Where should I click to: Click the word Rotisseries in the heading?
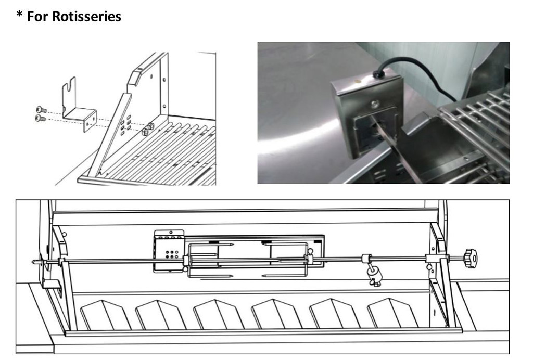[87, 16]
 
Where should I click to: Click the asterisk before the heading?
[19, 14]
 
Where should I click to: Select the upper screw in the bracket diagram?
[41, 110]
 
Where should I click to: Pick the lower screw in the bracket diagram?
[41, 118]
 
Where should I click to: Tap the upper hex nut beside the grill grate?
[151, 126]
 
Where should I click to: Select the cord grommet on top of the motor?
[378, 74]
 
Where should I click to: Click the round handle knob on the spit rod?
[471, 258]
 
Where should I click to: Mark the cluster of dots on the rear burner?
[172, 255]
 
